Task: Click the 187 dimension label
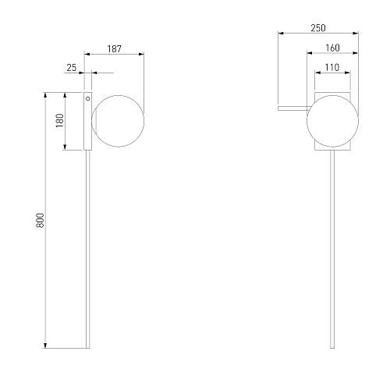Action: point(115,48)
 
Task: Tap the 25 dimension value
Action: point(72,68)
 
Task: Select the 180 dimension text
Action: point(60,120)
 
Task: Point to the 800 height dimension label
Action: point(41,221)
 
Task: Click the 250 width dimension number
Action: point(318,28)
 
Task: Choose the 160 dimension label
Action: point(332,48)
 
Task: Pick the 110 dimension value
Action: point(332,68)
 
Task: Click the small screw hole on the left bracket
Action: point(88,98)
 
